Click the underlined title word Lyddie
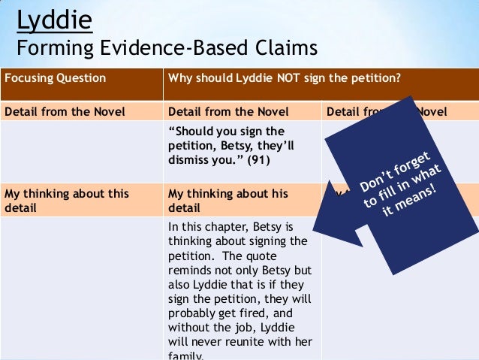[54, 20]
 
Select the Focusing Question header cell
[56, 78]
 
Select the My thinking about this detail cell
[67, 199]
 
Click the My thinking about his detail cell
[228, 199]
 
